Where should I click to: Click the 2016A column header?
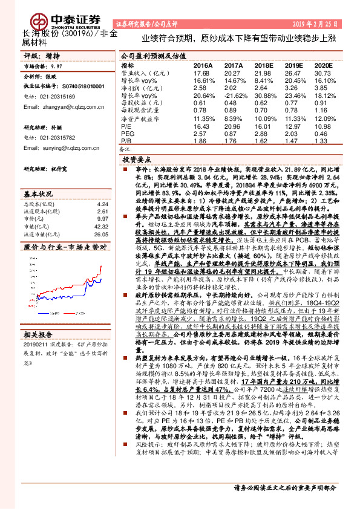click(x=203, y=65)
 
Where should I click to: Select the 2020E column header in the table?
click(x=324, y=65)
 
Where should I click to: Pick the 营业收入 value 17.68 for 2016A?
click(x=201, y=73)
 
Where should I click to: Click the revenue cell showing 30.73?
click(x=323, y=73)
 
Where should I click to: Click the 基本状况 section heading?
click(x=38, y=194)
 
